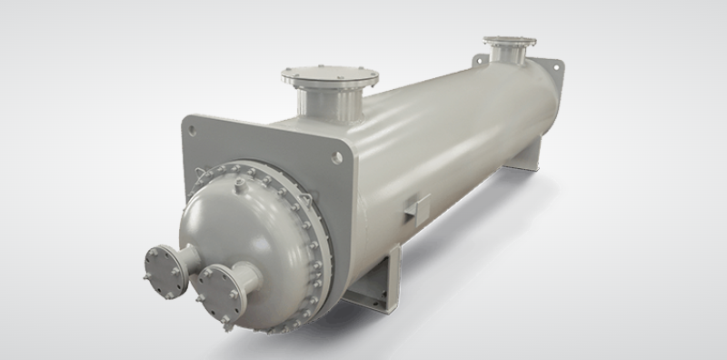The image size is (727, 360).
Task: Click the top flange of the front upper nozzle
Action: pyautogui.click(x=330, y=75)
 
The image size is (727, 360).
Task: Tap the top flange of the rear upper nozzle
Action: pyautogui.click(x=509, y=42)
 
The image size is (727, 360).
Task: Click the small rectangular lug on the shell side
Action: pyautogui.click(x=417, y=206)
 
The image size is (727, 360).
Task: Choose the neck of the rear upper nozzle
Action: pyautogui.click(x=509, y=55)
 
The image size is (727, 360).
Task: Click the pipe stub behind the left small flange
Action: pyautogui.click(x=190, y=258)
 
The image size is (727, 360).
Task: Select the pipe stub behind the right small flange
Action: pyautogui.click(x=245, y=273)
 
